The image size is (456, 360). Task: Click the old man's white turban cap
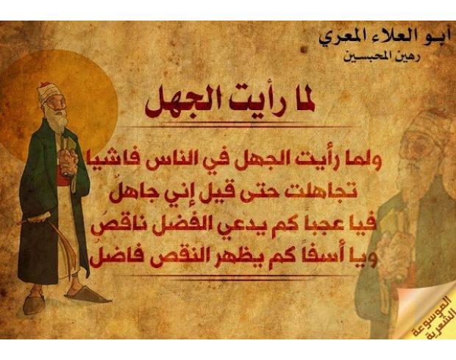(49, 93)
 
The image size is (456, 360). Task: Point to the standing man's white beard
(57, 118)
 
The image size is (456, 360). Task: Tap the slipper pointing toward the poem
(88, 295)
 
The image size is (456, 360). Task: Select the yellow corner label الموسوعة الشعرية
(430, 317)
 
